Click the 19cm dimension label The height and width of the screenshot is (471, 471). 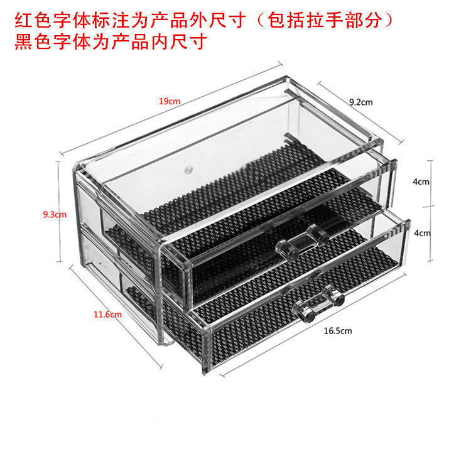[x=170, y=101]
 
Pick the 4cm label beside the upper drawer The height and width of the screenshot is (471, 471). [x=421, y=182]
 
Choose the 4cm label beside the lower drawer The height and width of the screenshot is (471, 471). [x=421, y=232]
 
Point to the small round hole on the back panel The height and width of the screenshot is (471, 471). [x=188, y=170]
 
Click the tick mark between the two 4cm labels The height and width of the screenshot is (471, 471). [x=430, y=207]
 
